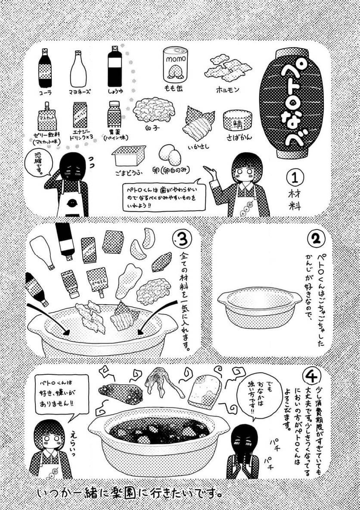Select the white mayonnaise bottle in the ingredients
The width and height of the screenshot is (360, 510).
[78, 69]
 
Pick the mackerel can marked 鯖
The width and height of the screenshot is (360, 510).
[237, 121]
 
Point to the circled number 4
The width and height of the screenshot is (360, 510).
[311, 376]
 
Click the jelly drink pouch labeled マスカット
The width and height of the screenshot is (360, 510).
[46, 117]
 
